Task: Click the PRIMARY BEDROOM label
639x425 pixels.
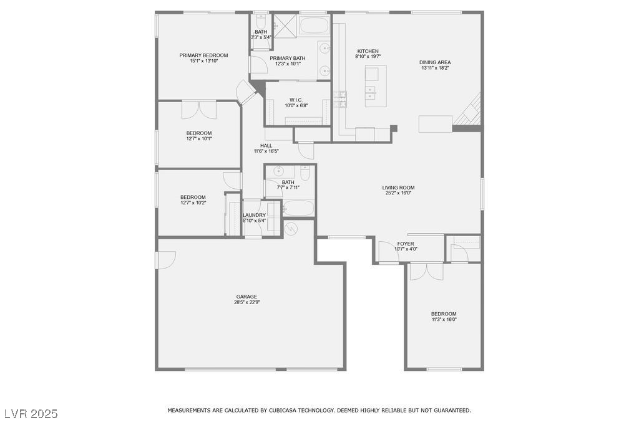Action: coord(203,55)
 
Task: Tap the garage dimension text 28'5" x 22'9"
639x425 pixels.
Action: coord(246,303)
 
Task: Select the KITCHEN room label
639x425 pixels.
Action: coord(368,51)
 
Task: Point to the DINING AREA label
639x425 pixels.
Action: coord(435,62)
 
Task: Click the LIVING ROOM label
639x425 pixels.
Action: coord(398,188)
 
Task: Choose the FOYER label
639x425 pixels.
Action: coord(406,244)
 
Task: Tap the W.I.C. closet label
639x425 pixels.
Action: coord(296,100)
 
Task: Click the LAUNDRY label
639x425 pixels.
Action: coord(254,215)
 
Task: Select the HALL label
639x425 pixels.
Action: coord(266,145)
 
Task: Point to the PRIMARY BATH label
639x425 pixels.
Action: coord(287,58)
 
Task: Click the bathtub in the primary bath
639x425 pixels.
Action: coord(314,26)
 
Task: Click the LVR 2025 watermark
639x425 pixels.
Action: coord(31,413)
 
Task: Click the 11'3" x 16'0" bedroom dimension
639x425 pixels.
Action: coord(444,320)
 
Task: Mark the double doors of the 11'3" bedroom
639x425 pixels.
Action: coord(426,271)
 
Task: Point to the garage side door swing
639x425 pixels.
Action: coord(165,259)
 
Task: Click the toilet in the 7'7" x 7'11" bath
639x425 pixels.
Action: coord(305,173)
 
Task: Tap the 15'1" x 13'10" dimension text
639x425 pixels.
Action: coord(203,61)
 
